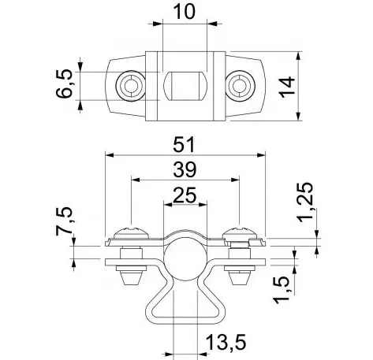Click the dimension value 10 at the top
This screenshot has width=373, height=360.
click(x=185, y=12)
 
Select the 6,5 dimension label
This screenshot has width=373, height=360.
click(x=64, y=84)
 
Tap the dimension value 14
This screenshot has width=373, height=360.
click(x=287, y=87)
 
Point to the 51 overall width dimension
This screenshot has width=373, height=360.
click(x=184, y=144)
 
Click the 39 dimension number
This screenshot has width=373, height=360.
click(x=185, y=169)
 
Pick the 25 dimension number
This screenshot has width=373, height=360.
click(x=185, y=195)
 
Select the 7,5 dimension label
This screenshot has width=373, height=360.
click(x=64, y=221)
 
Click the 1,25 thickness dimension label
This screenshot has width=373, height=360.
click(x=305, y=202)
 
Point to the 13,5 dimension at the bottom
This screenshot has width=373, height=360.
click(x=226, y=342)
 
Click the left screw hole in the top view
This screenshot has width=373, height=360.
click(x=131, y=86)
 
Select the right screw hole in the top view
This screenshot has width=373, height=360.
click(x=240, y=86)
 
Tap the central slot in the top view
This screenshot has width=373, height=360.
click(x=185, y=86)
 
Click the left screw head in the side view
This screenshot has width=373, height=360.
click(x=132, y=232)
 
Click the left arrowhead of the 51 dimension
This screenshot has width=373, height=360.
click(x=110, y=155)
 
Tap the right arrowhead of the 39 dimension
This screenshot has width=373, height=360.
click(x=235, y=180)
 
